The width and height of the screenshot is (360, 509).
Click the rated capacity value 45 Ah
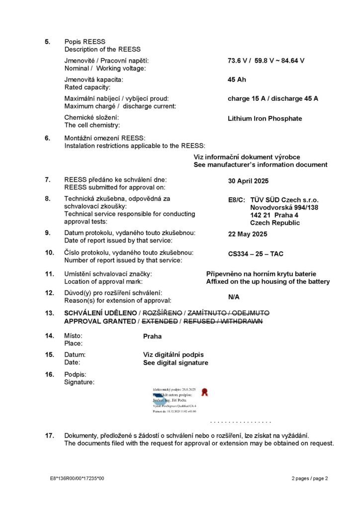[x=237, y=80]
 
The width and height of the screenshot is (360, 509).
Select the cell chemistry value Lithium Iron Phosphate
[x=265, y=119]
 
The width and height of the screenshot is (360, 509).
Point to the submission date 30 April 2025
[x=248, y=181]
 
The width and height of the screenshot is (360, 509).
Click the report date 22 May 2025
[x=247, y=235]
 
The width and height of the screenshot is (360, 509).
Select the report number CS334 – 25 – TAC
[x=256, y=254]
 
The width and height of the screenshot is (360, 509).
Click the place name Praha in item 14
[x=152, y=336]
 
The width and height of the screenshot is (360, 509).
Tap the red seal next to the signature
[x=204, y=393]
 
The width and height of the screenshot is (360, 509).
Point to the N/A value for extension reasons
[x=234, y=297]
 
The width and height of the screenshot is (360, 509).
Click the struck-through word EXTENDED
[x=160, y=322]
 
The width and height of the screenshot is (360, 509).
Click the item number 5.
[x=48, y=42]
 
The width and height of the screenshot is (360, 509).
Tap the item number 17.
[x=49, y=436]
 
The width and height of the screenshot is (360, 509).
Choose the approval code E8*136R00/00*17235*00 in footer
[x=77, y=478]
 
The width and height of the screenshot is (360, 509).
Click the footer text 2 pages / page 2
[x=310, y=478]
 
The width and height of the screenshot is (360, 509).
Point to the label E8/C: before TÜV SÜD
[x=236, y=199]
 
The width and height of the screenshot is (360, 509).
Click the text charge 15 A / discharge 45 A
[x=273, y=98]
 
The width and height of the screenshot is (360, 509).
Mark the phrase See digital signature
[x=176, y=363]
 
